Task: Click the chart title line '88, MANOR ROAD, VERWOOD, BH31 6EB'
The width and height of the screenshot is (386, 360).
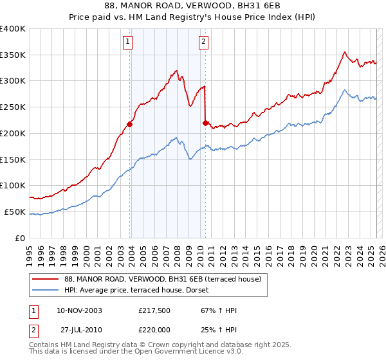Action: tap(193, 6)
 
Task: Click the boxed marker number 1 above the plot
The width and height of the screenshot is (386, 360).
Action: tap(128, 42)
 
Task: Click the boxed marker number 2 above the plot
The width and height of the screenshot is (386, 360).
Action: tap(203, 42)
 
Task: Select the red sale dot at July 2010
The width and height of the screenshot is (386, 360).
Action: tap(205, 123)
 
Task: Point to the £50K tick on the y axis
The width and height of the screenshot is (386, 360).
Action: tap(15, 212)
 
